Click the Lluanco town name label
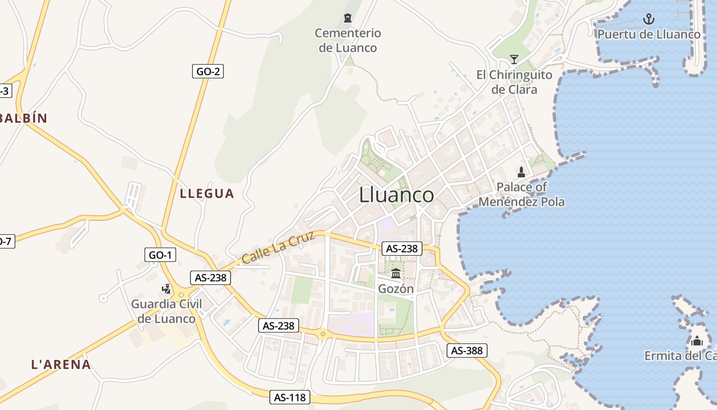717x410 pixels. (x=396, y=195)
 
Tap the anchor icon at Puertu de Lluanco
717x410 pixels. (x=649, y=19)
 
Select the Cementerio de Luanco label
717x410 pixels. (x=348, y=40)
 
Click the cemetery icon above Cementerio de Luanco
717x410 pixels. (x=348, y=18)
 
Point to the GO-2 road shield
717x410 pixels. (x=208, y=71)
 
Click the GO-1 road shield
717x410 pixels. (x=160, y=255)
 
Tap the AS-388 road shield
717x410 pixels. (x=467, y=351)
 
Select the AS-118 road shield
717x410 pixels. (x=290, y=397)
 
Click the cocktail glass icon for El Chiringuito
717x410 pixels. (x=514, y=59)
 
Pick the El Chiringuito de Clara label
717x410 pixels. (x=514, y=82)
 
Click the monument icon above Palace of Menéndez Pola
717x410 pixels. (x=521, y=172)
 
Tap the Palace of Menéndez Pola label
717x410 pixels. (x=521, y=194)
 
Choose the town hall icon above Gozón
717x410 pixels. (x=395, y=273)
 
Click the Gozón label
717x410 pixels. (x=395, y=289)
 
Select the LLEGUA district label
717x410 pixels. (x=207, y=194)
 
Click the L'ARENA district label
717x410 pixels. (x=61, y=365)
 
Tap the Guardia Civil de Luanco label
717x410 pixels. (x=166, y=311)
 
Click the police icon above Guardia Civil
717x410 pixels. (x=166, y=289)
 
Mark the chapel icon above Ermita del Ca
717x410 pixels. (x=697, y=341)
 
